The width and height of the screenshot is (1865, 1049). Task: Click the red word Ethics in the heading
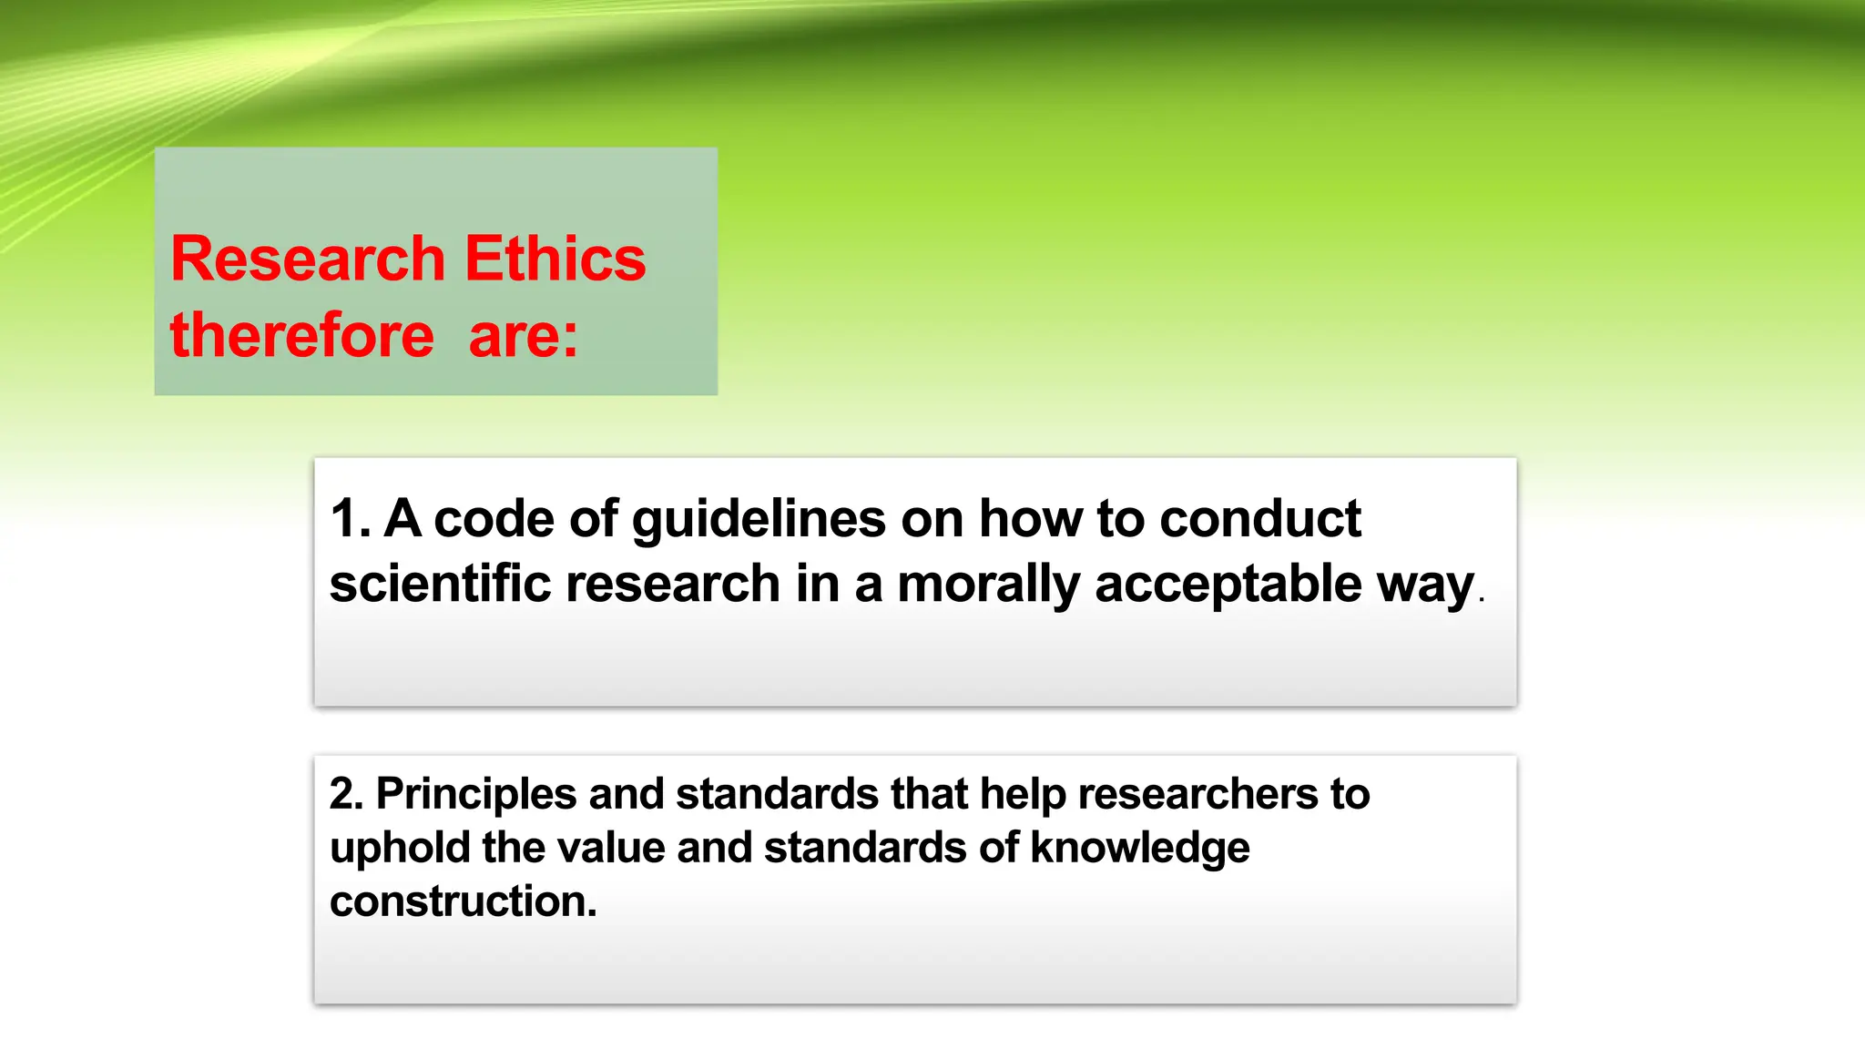(555, 259)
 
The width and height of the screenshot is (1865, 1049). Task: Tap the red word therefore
(302, 335)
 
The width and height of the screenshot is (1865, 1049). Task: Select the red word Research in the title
(308, 259)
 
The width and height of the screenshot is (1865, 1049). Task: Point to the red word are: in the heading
(524, 335)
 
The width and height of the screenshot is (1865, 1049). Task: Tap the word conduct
(1260, 519)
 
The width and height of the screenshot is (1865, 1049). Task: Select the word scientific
(440, 583)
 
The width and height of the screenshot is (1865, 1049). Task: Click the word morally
(988, 585)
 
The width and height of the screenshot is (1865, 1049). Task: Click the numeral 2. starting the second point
(346, 794)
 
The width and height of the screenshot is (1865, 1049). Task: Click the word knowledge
(1139, 849)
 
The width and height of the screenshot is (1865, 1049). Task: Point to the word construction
(463, 901)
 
